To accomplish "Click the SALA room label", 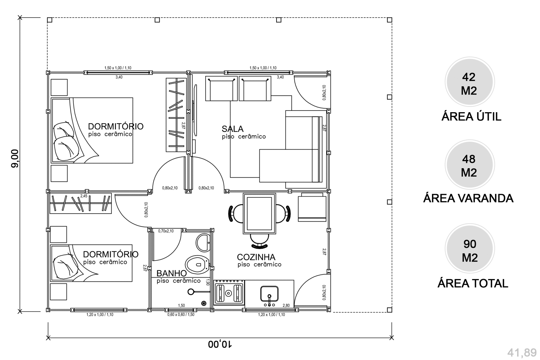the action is (x=233, y=129).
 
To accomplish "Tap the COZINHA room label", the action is (x=256, y=257).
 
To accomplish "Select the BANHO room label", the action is (x=172, y=273).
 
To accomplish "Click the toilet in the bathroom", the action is (x=197, y=264).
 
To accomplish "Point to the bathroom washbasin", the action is (x=203, y=243).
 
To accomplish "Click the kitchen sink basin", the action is (x=269, y=293).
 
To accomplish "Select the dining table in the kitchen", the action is (x=259, y=213).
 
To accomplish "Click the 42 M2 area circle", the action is (x=469, y=82).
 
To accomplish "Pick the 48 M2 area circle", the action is (x=469, y=165).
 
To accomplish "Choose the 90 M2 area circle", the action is (x=469, y=249).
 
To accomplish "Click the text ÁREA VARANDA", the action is (x=468, y=198).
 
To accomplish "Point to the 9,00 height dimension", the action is (x=15, y=159).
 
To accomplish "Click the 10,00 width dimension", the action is (x=220, y=344).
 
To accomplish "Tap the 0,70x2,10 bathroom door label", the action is (x=166, y=231).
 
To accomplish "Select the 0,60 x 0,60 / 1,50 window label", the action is (x=181, y=314).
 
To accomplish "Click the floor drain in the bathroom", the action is (x=204, y=303).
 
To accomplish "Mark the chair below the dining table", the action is (x=259, y=241).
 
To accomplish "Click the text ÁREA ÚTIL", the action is (x=471, y=116).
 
